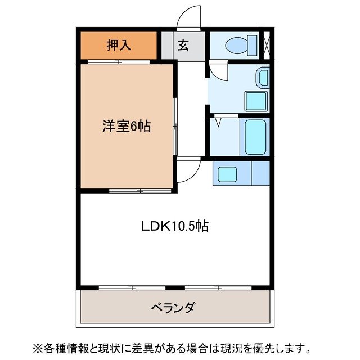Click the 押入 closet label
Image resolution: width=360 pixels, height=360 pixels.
pyautogui.click(x=119, y=45)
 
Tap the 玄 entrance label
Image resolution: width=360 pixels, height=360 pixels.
pyautogui.click(x=183, y=46)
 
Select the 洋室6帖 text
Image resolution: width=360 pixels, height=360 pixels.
pyautogui.click(x=126, y=127)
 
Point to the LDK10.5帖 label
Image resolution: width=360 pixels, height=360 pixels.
pyautogui.click(x=174, y=226)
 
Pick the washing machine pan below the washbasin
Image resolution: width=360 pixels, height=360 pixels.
pyautogui.click(x=256, y=102)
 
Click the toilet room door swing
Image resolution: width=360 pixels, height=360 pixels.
pyautogui.click(x=218, y=70)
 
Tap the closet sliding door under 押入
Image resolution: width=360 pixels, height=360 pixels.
pyautogui.click(x=119, y=61)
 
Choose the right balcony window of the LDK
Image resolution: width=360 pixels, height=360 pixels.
pyautogui.click(x=218, y=288)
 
